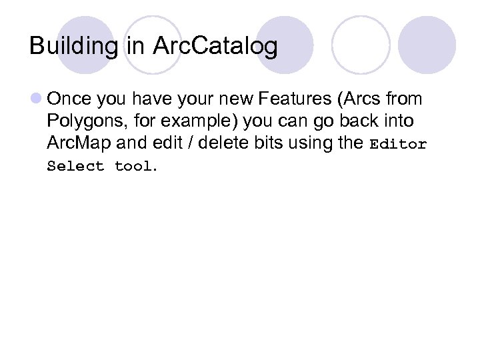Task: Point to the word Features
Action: pyautogui.click(x=295, y=99)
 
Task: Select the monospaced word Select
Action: pyautogui.click(x=76, y=167)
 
